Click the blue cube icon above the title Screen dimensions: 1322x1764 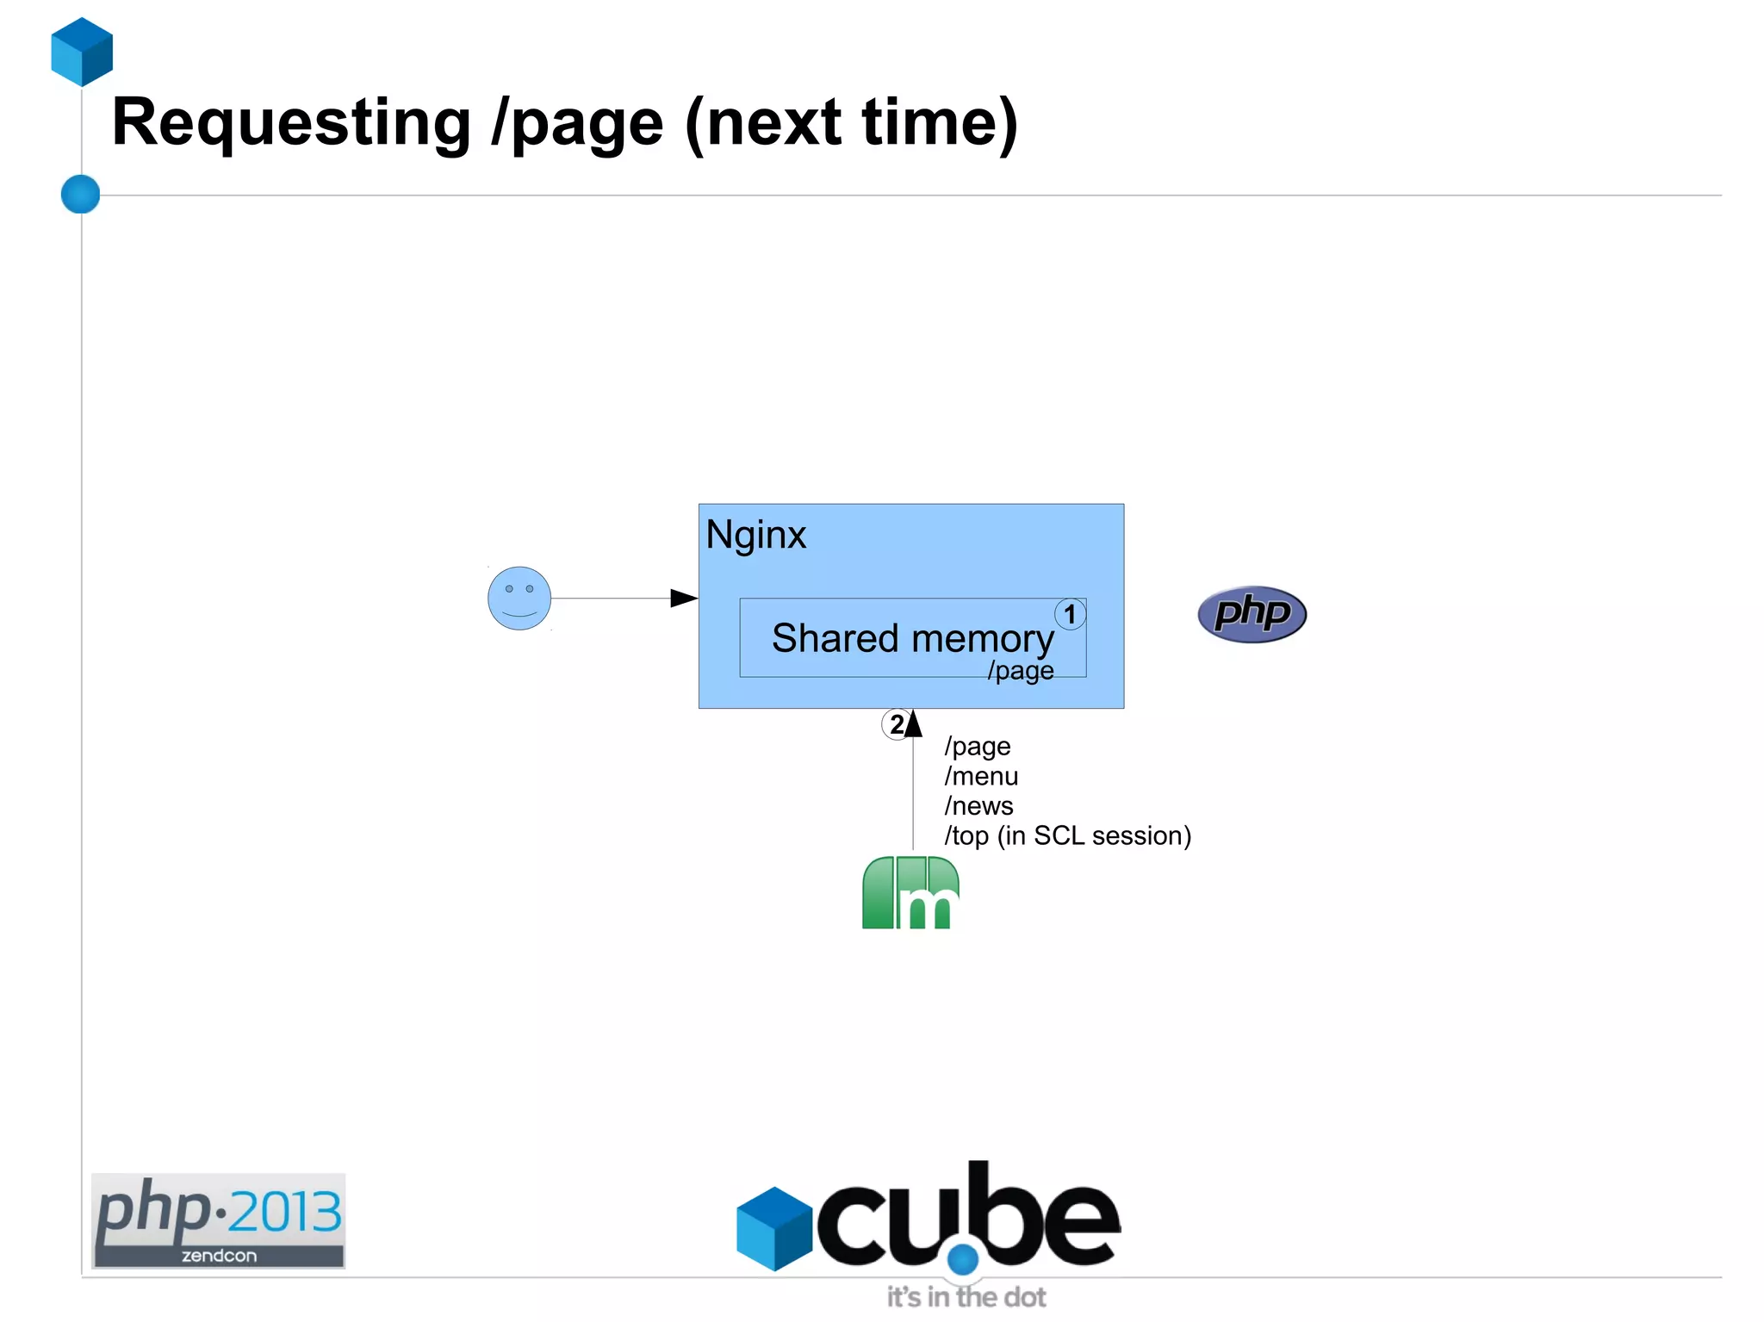82,52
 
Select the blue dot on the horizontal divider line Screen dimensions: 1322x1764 81,194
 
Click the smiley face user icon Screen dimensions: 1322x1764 519,598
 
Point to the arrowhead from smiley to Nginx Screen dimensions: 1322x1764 684,598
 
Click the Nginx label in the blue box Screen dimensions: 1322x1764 755,535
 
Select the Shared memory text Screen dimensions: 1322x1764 912,638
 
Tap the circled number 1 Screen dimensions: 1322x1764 1070,614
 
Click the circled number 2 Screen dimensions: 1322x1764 896,724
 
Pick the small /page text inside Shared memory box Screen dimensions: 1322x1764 1021,670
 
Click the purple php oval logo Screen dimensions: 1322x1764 1252,614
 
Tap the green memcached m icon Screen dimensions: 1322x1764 910,893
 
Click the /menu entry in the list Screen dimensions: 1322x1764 981,776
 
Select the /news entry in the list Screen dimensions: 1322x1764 978,806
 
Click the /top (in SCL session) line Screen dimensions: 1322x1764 1067,835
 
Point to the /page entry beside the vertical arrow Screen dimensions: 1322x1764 978,746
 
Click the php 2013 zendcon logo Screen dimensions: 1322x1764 218,1220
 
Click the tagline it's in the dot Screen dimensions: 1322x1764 966,1297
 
